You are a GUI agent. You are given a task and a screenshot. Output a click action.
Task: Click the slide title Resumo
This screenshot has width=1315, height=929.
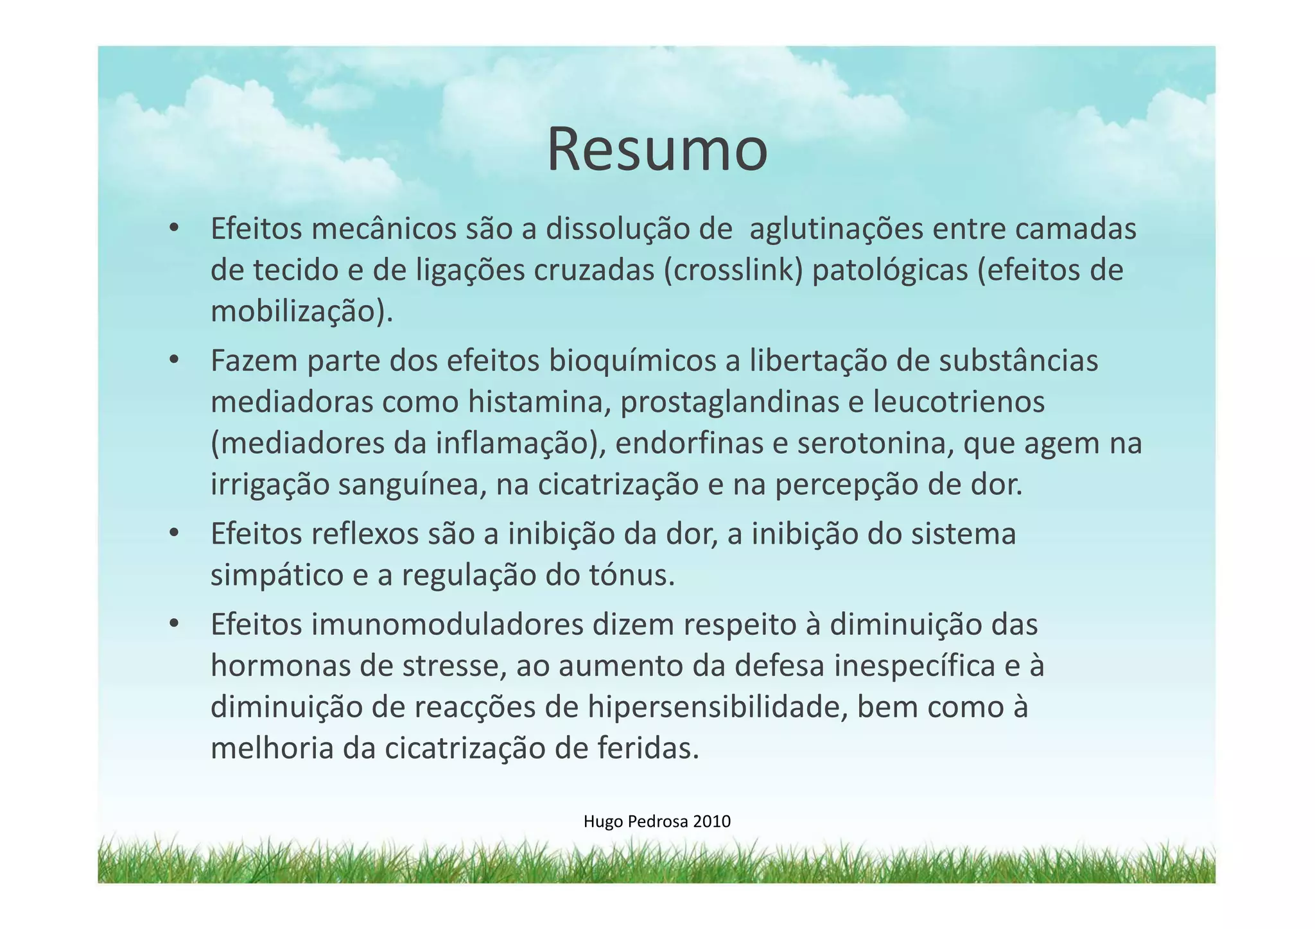tap(657, 150)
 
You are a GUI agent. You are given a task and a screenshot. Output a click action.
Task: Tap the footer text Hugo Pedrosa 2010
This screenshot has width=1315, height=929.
tap(657, 821)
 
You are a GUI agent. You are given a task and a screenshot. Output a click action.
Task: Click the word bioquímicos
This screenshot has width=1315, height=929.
tap(632, 361)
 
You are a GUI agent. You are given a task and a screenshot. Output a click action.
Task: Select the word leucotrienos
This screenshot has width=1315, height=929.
tap(959, 403)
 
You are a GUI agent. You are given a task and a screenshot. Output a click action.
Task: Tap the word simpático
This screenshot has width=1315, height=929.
tap(277, 575)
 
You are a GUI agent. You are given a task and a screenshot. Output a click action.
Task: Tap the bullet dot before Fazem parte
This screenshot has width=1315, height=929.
tap(173, 361)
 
